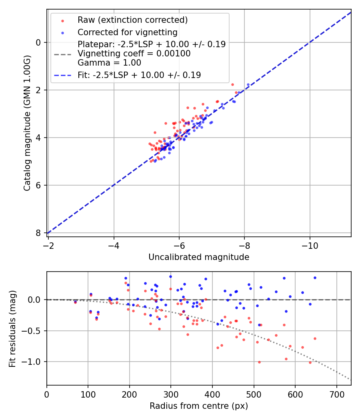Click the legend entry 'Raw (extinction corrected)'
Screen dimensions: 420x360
[132, 20]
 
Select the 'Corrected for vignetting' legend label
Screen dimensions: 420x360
[128, 32]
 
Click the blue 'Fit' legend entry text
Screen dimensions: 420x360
[139, 75]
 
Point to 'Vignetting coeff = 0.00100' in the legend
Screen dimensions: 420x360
[134, 54]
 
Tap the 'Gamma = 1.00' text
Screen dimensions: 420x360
[109, 63]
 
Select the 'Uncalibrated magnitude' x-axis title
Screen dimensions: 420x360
[199, 257]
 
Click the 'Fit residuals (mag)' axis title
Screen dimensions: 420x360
[12, 328]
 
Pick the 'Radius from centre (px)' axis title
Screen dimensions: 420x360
[199, 406]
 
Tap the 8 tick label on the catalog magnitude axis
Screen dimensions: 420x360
[39, 233]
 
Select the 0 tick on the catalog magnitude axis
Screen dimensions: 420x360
[39, 42]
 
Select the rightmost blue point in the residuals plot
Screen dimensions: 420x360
[315, 278]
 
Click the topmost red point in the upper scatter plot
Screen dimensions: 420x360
[232, 84]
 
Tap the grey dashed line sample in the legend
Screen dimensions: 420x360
[62, 54]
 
